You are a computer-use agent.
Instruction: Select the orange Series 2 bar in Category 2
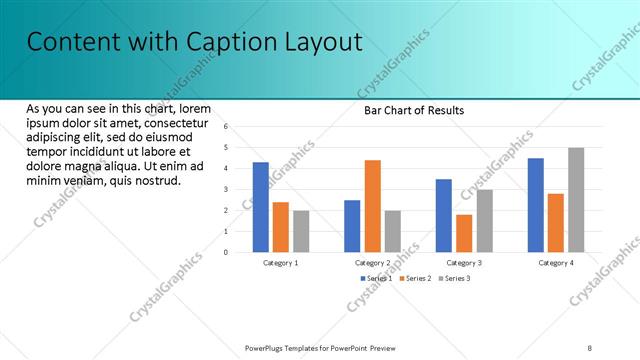coord(372,206)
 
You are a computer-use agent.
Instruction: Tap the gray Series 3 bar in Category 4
coord(576,200)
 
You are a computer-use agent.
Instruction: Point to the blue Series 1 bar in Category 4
coord(536,205)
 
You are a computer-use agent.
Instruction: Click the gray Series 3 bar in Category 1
coord(301,231)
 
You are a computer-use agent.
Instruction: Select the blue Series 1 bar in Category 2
coord(352,226)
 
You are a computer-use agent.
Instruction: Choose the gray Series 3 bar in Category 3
coord(484,221)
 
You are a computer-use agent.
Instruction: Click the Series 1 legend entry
coord(376,278)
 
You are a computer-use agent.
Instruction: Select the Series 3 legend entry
coord(454,278)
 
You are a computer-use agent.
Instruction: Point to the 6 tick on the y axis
coord(227,127)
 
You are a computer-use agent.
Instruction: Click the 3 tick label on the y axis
coord(227,190)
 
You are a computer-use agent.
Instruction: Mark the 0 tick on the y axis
coord(227,253)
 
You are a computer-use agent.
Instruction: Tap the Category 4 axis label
coord(556,263)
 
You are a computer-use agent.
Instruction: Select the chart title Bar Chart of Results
coord(413,111)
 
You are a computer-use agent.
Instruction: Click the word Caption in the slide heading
coord(229,41)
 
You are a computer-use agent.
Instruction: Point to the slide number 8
coord(589,348)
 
